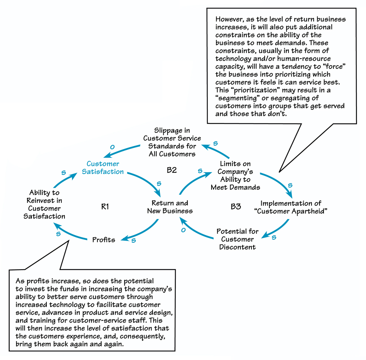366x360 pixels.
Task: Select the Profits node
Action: (x=104, y=240)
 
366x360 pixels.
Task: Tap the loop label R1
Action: (x=105, y=207)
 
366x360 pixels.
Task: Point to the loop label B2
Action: (x=172, y=170)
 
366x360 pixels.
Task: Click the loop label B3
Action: (x=236, y=207)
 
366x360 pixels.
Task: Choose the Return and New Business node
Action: (x=170, y=207)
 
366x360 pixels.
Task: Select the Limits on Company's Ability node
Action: (x=235, y=175)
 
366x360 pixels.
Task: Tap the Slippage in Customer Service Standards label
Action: (x=172, y=142)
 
